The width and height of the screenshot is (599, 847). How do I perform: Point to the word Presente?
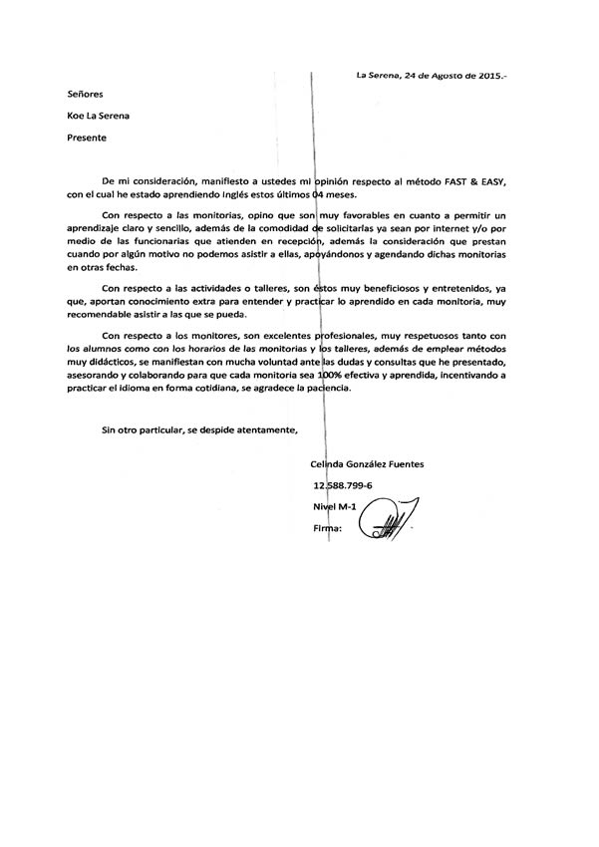86,137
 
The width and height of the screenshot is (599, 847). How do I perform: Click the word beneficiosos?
381,287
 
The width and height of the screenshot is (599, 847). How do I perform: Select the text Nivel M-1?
334,507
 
